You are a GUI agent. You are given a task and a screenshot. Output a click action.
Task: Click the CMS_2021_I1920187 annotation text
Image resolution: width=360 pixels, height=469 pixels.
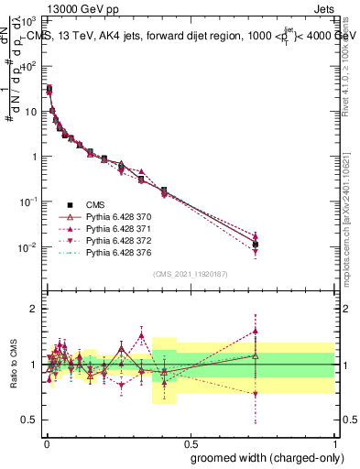click(x=190, y=272)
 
